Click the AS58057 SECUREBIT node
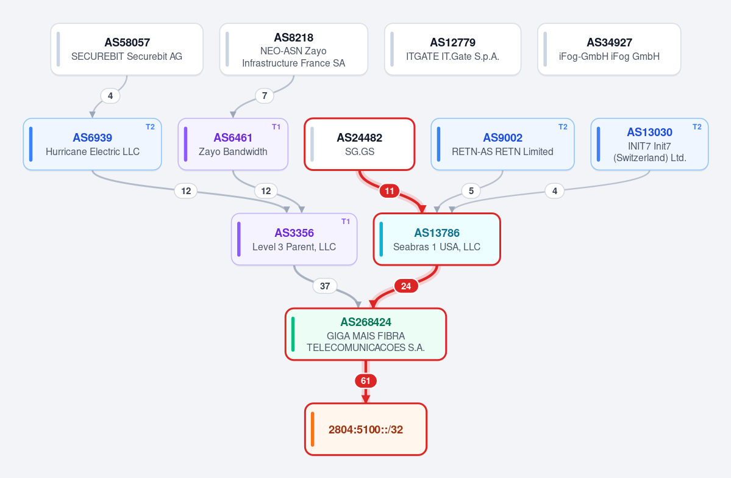coord(127,49)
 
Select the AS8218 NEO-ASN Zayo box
coord(294,49)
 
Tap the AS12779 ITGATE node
coord(452,49)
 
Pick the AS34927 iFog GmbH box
coord(609,49)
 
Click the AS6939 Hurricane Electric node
coord(92,144)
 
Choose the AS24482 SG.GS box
coord(360,144)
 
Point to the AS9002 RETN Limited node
coord(502,144)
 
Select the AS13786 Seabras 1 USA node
coord(437,239)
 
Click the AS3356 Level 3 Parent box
coord(294,239)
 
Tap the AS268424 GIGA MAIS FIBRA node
coord(366,334)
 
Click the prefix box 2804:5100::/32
coord(366,429)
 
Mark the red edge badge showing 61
coord(366,381)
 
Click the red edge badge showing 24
coord(406,286)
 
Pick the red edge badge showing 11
coord(389,191)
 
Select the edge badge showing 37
coord(325,286)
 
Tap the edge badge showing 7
coord(265,96)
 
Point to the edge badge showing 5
coord(471,191)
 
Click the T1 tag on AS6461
coord(276,127)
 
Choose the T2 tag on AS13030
coord(697,127)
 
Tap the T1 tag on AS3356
coord(346,222)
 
